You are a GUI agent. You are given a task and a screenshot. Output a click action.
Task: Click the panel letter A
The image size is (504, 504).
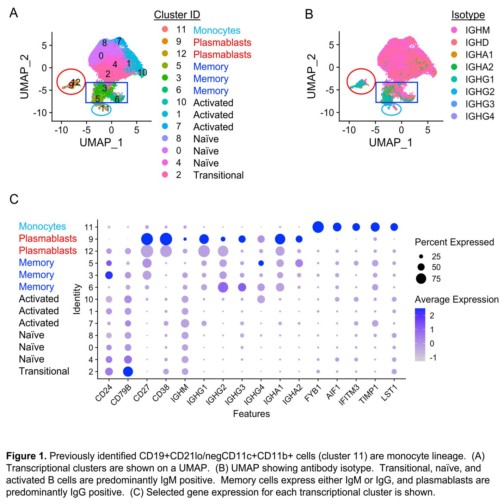14,13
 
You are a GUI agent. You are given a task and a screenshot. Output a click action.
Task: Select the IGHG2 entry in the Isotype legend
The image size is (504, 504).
480,92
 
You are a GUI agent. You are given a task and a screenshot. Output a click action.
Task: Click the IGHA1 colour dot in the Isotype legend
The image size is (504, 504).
454,55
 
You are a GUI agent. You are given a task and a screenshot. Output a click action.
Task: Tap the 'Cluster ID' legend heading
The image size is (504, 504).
177,15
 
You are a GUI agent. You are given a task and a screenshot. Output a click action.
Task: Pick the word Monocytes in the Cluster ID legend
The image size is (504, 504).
217,31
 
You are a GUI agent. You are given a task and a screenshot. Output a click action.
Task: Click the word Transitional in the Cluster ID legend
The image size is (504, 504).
219,175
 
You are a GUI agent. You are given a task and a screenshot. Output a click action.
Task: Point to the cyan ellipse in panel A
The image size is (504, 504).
101,109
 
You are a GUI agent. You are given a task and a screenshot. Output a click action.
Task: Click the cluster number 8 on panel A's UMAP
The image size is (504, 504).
104,43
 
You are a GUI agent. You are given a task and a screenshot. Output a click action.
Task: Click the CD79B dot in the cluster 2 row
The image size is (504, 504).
128,371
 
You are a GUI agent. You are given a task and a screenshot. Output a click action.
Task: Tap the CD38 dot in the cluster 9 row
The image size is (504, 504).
166,239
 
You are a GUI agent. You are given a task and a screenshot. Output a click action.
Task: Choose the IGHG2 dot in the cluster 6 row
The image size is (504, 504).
223,288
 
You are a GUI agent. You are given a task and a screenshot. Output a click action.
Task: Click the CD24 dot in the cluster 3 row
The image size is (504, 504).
109,275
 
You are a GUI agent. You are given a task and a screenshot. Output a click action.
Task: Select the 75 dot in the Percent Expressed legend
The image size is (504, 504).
421,279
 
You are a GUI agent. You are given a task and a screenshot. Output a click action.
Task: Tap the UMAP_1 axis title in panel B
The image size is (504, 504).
391,143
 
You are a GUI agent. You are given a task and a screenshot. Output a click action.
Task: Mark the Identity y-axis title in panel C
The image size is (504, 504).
77,299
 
